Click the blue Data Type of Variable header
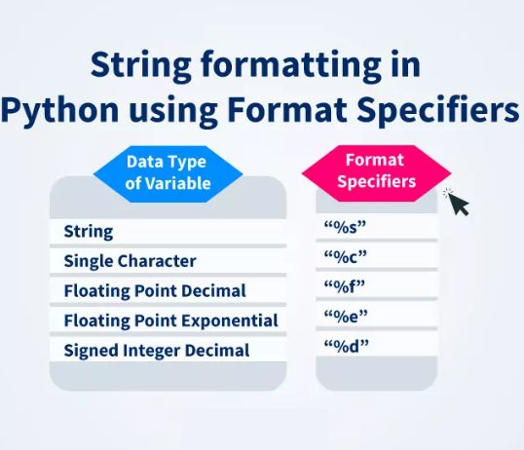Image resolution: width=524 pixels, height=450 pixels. tap(167, 171)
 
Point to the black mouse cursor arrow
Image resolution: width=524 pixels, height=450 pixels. tap(456, 202)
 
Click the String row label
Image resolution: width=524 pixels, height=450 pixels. tap(89, 232)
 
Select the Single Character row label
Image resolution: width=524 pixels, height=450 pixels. tap(130, 261)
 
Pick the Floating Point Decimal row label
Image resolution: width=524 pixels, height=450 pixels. tap(155, 291)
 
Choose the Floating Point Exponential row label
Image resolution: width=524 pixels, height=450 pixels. tap(170, 320)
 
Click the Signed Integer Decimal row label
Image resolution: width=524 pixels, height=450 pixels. tap(157, 351)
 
